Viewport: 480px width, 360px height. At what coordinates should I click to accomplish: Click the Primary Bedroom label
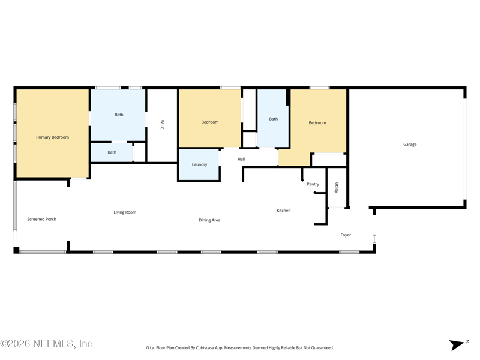point(52,137)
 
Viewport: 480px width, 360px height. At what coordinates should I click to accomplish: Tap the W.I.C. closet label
point(162,125)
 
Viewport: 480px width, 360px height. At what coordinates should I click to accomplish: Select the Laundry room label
point(199,164)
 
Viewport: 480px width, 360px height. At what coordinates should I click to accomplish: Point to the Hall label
point(241,159)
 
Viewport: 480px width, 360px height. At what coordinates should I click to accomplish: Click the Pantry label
point(313,184)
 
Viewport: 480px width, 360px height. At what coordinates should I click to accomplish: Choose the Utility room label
point(337,188)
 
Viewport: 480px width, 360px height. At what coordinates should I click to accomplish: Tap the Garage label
point(410,145)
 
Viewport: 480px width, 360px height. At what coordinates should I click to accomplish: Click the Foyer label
point(346,235)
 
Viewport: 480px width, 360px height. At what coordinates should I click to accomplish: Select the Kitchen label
point(283,211)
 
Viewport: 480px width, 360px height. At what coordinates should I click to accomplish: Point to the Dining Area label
point(209,220)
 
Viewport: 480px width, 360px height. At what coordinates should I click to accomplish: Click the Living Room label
point(125,212)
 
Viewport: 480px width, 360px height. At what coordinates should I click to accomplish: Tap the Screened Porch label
point(41,219)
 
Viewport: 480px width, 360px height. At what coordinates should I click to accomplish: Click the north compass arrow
point(457,345)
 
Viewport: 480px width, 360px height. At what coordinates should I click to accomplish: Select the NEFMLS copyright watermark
point(46,343)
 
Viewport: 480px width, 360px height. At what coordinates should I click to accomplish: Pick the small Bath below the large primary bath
point(112,152)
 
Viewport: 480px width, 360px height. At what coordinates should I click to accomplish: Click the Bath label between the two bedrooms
point(274,119)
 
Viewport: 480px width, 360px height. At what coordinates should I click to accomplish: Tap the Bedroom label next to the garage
point(317,123)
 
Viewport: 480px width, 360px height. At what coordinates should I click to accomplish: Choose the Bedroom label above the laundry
point(209,122)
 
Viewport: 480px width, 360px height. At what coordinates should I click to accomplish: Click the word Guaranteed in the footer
point(323,348)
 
